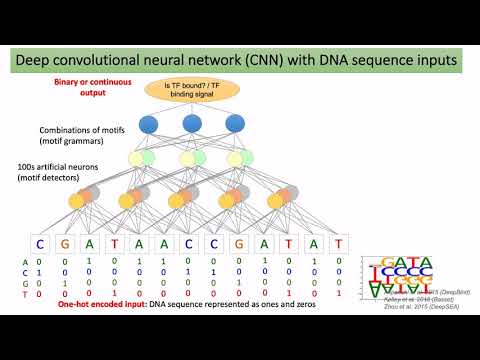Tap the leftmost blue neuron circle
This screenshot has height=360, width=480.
pos(149,127)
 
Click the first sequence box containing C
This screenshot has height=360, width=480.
pos(41,242)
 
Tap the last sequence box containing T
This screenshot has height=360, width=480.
pos(339,242)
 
